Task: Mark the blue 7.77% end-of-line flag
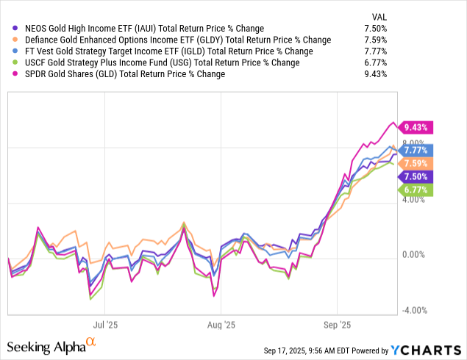pos(417,150)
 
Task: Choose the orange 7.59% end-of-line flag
pos(417,163)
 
